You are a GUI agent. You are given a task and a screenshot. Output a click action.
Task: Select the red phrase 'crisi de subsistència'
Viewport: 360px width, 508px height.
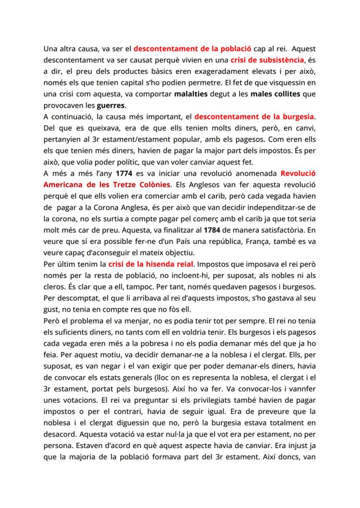point(267,60)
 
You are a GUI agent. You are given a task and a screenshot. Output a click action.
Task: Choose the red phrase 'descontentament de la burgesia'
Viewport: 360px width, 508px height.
point(254,116)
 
